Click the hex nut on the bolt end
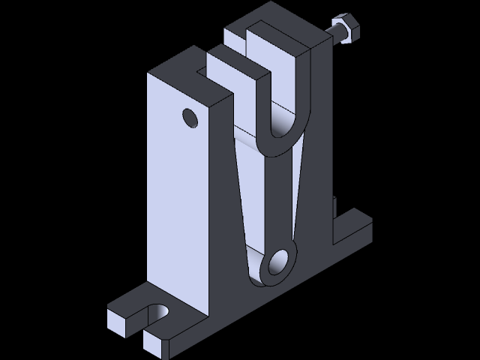[345, 30]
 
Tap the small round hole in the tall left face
[189, 118]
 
